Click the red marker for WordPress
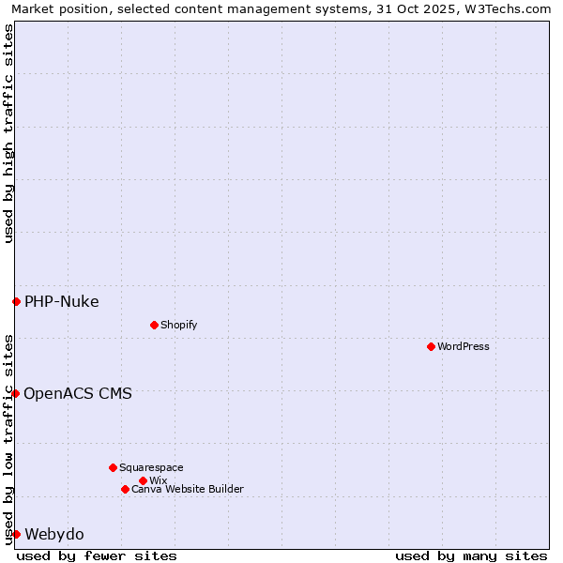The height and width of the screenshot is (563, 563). coord(431,346)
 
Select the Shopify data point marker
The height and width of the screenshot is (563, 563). coord(154,325)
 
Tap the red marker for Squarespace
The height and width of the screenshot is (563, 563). coord(113,467)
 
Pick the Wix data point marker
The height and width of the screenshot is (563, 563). coord(143,480)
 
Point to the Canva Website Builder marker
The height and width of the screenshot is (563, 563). coord(125,489)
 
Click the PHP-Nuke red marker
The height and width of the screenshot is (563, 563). coord(16,301)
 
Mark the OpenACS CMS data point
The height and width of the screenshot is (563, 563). coord(16,393)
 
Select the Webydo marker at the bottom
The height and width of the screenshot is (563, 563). coord(16,534)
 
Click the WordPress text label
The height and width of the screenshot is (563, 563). coord(464,346)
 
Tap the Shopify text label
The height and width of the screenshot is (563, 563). coord(178,325)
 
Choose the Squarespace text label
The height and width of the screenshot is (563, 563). coord(151,467)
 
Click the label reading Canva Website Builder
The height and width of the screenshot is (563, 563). coord(188,489)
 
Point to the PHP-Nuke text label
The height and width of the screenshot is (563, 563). coord(62,301)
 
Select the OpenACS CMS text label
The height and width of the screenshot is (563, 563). coord(78,393)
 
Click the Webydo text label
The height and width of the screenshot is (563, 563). coord(54,534)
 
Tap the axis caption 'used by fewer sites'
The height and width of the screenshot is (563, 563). coord(97,555)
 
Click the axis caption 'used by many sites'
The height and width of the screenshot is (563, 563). coord(471,555)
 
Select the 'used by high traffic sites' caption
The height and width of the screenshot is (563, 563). coord(8,133)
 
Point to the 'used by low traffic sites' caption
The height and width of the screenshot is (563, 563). coord(8,438)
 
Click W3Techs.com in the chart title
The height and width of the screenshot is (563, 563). coord(507,8)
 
